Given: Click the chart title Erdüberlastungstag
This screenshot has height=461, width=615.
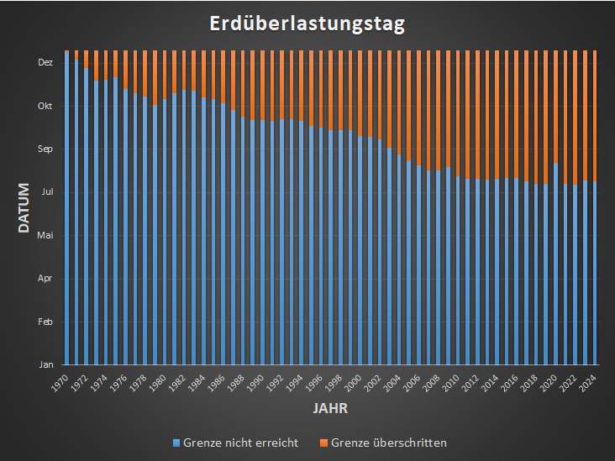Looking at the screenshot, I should click(307, 24).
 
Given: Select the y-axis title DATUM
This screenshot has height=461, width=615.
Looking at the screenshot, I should click(24, 208).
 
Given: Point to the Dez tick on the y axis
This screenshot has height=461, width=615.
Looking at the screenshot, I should click(45, 62).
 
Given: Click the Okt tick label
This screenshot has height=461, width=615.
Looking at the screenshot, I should click(45, 106).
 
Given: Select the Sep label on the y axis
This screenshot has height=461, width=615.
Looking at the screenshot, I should click(45, 149).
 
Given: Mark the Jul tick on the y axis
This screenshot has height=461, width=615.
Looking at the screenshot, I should click(46, 191).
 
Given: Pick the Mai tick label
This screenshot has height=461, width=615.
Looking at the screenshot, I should click(45, 235).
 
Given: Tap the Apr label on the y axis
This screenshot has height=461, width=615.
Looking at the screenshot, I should click(45, 278).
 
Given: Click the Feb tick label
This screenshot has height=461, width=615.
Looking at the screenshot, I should click(45, 322).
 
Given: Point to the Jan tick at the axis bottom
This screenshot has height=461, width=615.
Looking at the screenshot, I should click(46, 364).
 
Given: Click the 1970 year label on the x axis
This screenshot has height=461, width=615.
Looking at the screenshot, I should click(60, 383).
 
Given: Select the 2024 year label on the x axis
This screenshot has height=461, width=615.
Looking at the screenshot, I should click(589, 383).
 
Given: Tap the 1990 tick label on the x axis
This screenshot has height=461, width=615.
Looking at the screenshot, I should click(256, 383).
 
